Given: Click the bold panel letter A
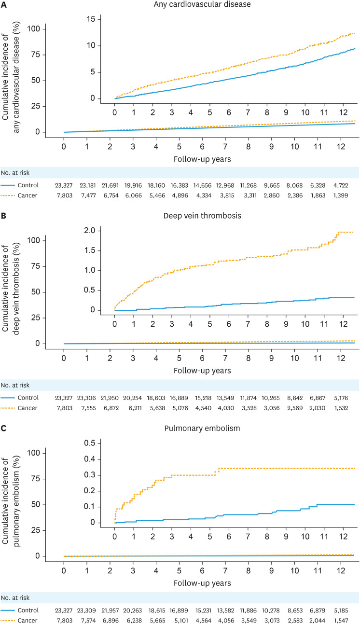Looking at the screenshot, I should click(x=4, y=4).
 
